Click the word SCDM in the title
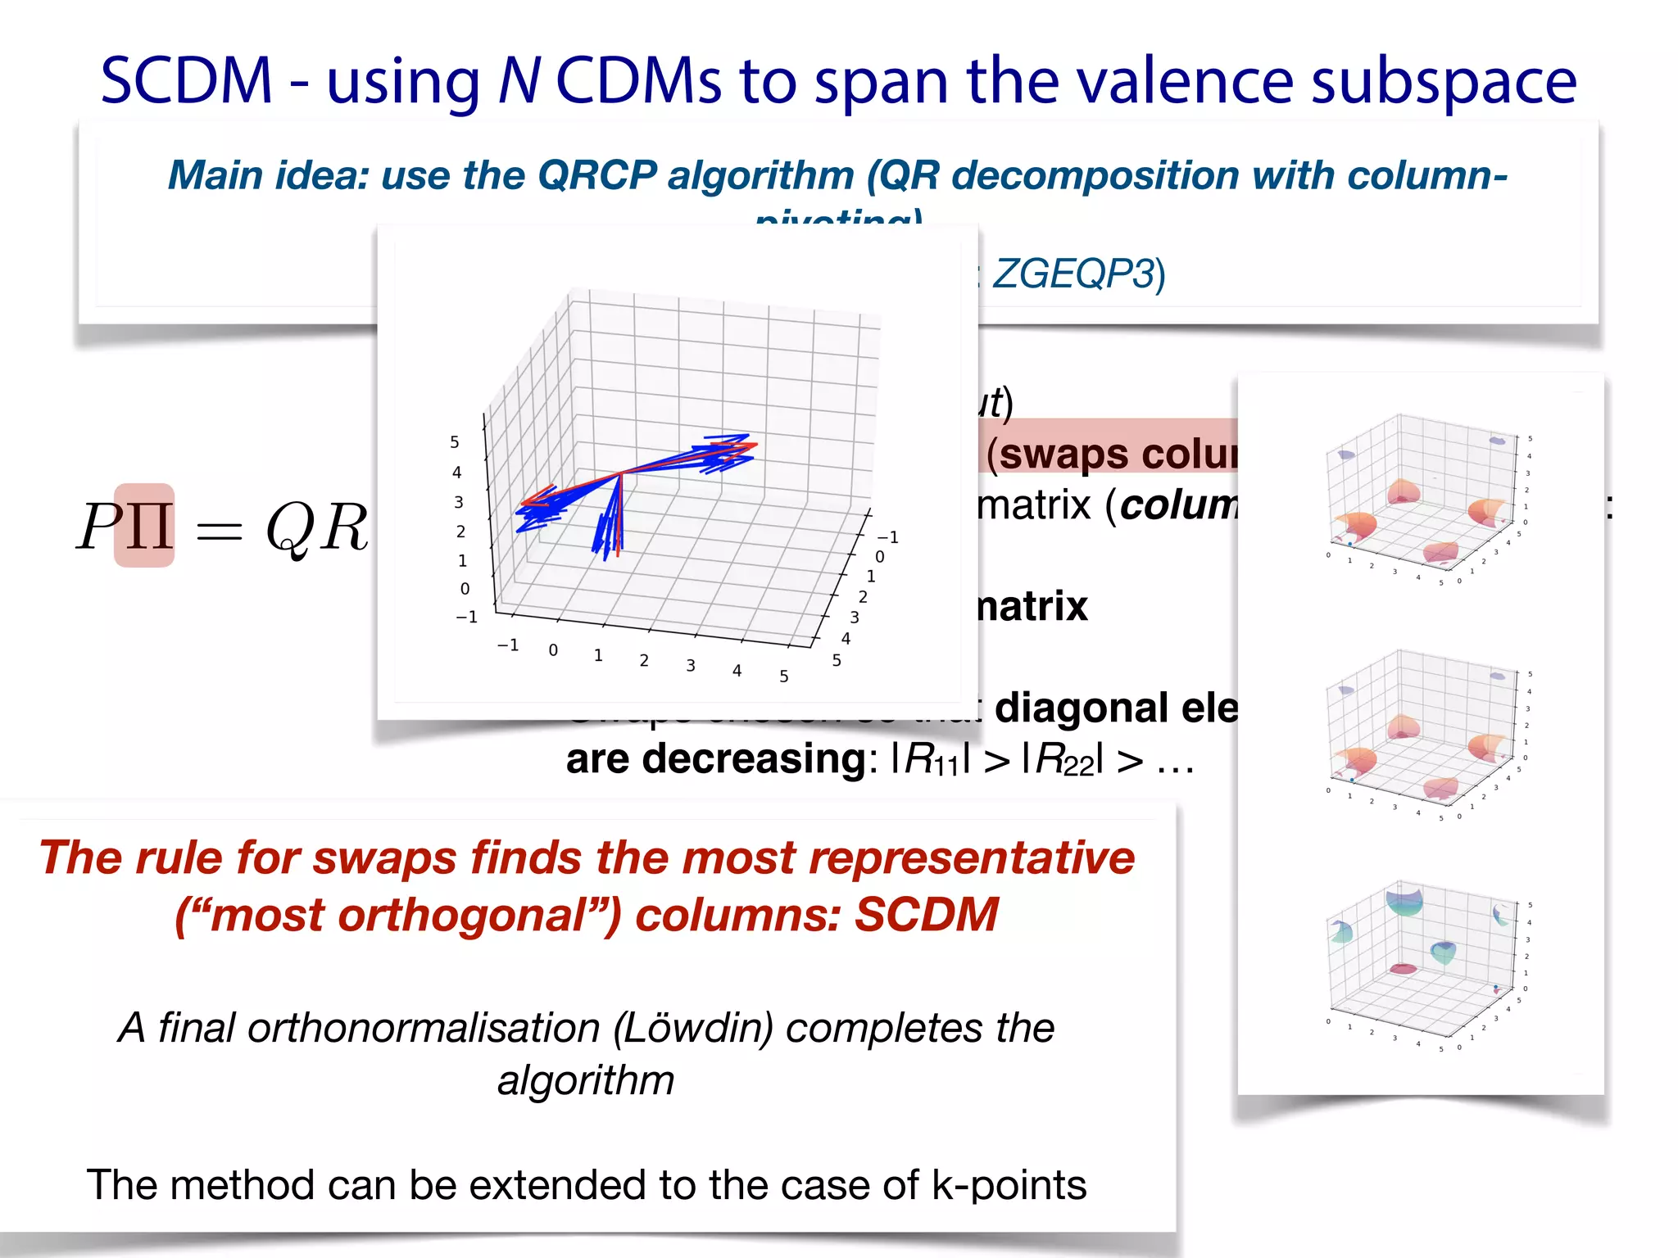(x=186, y=81)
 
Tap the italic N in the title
(x=519, y=81)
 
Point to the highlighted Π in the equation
(x=144, y=526)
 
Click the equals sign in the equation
(x=219, y=531)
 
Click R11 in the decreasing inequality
(x=930, y=759)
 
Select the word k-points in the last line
(x=1009, y=1185)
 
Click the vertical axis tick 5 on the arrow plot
(x=455, y=442)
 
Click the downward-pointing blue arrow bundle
(x=610, y=524)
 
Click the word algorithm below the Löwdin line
(x=586, y=1080)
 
